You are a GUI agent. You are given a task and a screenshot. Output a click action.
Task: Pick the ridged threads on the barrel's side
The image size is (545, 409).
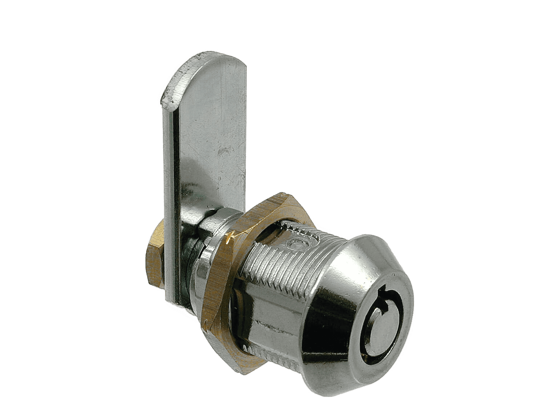(x=276, y=262)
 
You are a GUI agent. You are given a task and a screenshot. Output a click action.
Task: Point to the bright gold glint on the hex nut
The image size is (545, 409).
(x=229, y=238)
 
